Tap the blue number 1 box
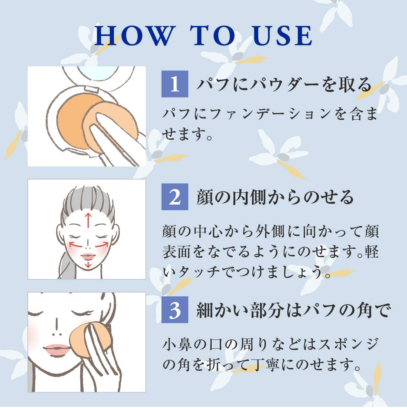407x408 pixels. [x=175, y=85]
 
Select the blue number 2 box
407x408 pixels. [x=175, y=197]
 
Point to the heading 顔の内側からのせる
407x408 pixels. [x=275, y=197]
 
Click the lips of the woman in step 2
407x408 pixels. [x=88, y=256]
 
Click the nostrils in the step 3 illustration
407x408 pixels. [x=55, y=333]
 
